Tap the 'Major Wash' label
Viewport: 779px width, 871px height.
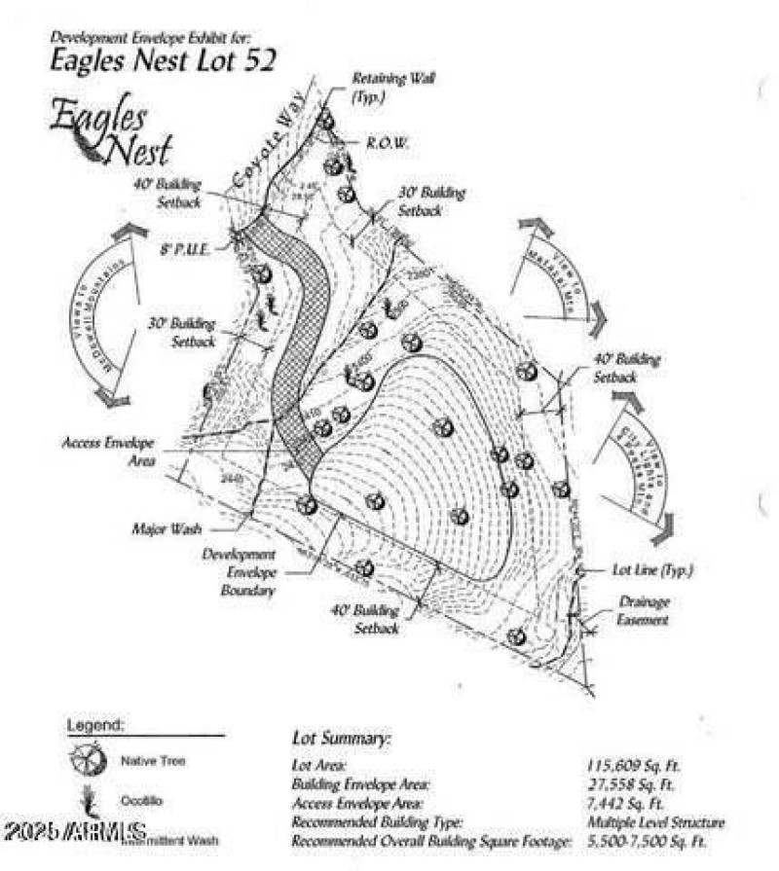click(x=166, y=530)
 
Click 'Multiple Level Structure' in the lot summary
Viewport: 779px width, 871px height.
click(x=654, y=822)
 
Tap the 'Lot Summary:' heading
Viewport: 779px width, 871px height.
click(x=341, y=739)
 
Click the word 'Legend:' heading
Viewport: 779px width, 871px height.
click(x=95, y=726)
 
